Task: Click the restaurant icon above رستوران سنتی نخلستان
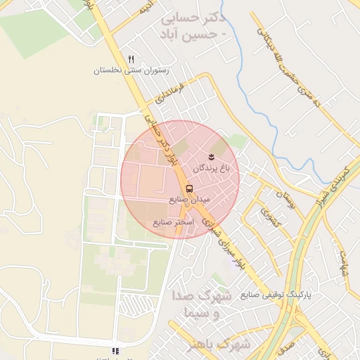point(131,60)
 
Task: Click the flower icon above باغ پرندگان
point(211,155)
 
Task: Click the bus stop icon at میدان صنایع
point(189,188)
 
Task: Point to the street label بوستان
point(283,200)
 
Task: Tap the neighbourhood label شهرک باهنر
point(220,344)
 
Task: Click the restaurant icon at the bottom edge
point(115,350)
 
